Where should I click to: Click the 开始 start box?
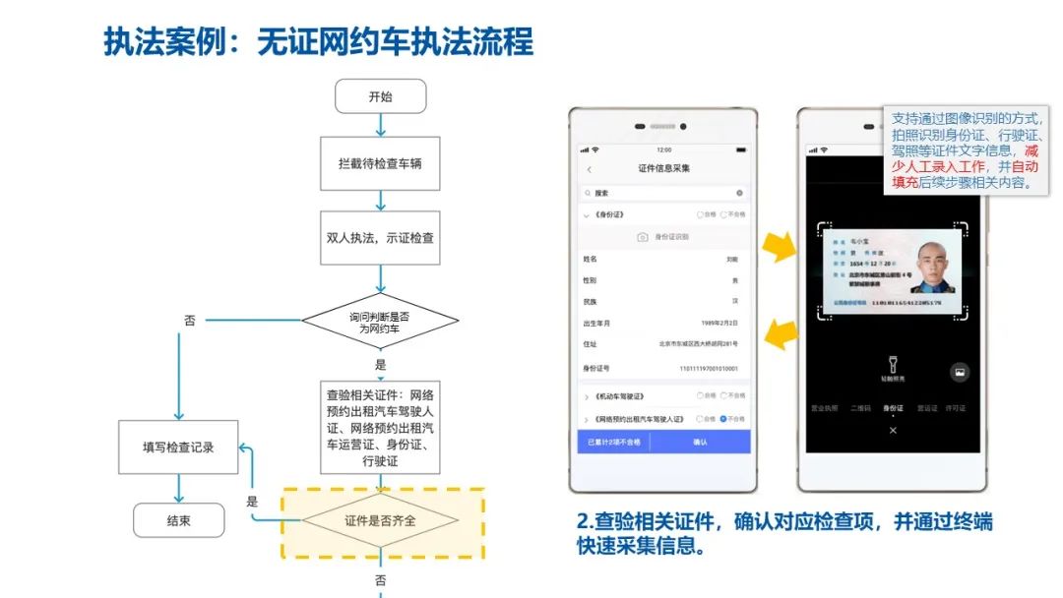pyautogui.click(x=380, y=96)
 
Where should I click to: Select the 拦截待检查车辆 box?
pyautogui.click(x=380, y=161)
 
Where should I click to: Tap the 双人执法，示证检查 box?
pyautogui.click(x=380, y=238)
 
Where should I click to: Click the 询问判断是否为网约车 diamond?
pyautogui.click(x=380, y=322)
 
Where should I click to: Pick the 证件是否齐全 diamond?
pyautogui.click(x=380, y=519)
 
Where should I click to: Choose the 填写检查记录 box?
pyautogui.click(x=178, y=448)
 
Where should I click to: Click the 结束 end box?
pyautogui.click(x=178, y=519)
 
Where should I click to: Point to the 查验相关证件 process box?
pyautogui.click(x=380, y=425)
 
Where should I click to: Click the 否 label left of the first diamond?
pyautogui.click(x=190, y=321)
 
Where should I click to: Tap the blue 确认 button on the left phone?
pyautogui.click(x=700, y=443)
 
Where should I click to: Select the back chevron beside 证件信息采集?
pyautogui.click(x=590, y=169)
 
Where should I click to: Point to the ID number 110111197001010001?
pyautogui.click(x=708, y=368)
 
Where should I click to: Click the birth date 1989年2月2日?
pyautogui.click(x=719, y=323)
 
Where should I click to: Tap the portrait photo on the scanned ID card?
pyautogui.click(x=931, y=269)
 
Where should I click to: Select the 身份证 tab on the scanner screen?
pyautogui.click(x=893, y=407)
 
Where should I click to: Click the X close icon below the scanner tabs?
pyautogui.click(x=893, y=431)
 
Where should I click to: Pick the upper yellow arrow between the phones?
pyautogui.click(x=781, y=247)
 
